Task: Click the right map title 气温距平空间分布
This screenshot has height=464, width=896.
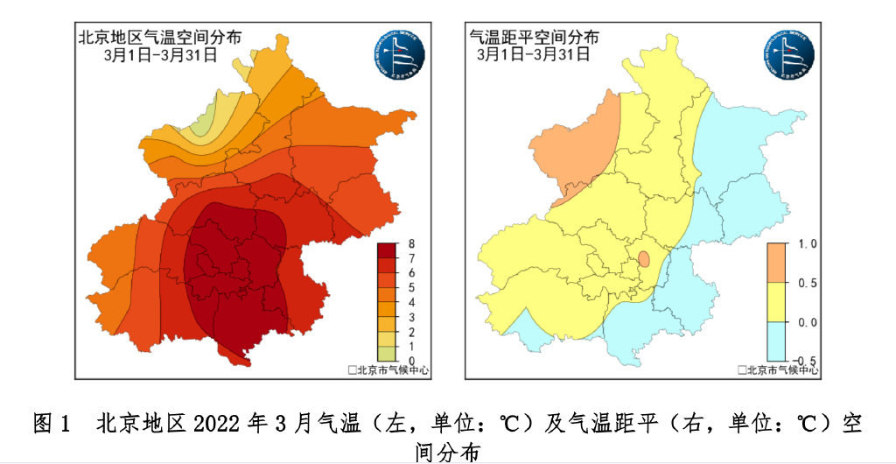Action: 535,38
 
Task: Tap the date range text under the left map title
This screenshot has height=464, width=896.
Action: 159,54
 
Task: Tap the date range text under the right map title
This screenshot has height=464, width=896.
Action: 534,54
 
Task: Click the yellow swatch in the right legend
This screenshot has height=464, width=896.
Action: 779,302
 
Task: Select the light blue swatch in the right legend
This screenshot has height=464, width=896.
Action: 779,341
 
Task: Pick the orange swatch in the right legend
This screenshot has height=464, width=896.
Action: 779,264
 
